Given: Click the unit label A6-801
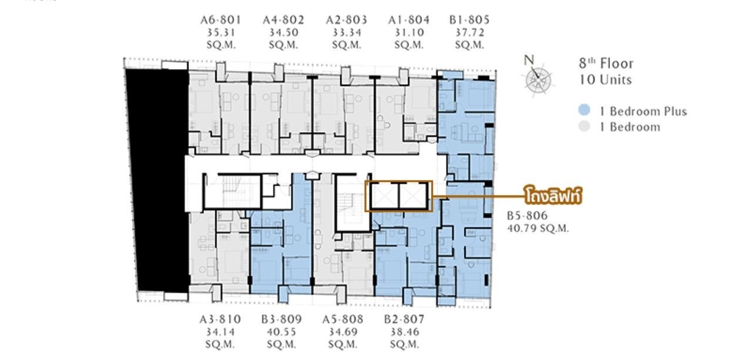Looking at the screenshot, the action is click(x=220, y=20).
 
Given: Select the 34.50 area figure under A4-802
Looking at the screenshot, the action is click(x=284, y=32).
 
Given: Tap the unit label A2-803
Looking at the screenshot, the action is click(x=347, y=20).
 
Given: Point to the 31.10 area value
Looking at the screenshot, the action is click(x=409, y=32).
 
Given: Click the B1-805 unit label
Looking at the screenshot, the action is click(x=469, y=20).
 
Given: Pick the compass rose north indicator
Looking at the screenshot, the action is click(x=537, y=77).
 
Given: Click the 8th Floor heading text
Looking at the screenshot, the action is click(x=606, y=63).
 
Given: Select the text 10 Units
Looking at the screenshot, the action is click(x=605, y=80).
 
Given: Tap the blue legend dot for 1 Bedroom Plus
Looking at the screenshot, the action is click(x=585, y=110).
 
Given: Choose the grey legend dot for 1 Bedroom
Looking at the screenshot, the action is click(x=585, y=126).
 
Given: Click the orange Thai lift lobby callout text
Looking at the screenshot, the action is click(x=553, y=196).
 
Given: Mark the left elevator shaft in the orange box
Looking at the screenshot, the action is click(x=384, y=196).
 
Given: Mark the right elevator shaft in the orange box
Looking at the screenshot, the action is click(x=414, y=196).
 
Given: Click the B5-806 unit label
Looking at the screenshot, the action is click(x=528, y=215).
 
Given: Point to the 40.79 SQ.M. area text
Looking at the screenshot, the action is click(x=538, y=228).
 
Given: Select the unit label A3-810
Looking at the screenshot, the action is click(x=220, y=319).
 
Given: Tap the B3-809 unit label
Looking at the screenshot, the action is click(x=281, y=319).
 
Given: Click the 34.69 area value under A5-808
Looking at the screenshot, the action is click(x=343, y=332).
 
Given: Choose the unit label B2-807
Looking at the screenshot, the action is click(x=405, y=319).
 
